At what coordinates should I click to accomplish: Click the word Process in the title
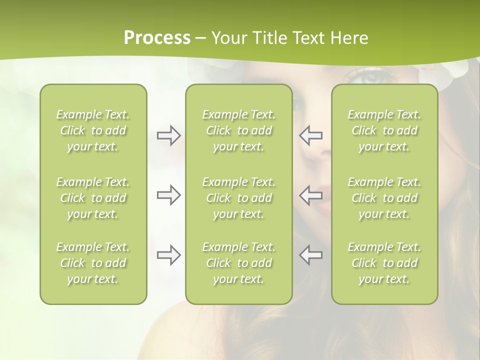pyautogui.click(x=157, y=38)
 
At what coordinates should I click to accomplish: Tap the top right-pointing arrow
pyautogui.click(x=168, y=135)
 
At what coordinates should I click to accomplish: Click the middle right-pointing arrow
pyautogui.click(x=168, y=195)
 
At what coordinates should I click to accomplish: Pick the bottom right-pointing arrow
pyautogui.click(x=168, y=255)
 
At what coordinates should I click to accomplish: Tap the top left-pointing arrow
pyautogui.click(x=311, y=135)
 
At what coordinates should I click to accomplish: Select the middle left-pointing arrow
pyautogui.click(x=311, y=195)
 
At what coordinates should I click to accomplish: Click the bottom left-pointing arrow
pyautogui.click(x=311, y=255)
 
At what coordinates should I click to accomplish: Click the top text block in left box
pyautogui.click(x=93, y=130)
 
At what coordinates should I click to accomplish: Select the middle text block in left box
pyautogui.click(x=93, y=198)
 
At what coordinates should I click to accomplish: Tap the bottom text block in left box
pyautogui.click(x=93, y=263)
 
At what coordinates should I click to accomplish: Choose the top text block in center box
pyautogui.click(x=238, y=130)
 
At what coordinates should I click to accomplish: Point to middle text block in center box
pyautogui.click(x=238, y=198)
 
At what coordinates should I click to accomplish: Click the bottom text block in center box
pyautogui.click(x=238, y=263)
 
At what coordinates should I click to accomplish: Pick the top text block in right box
pyautogui.click(x=384, y=130)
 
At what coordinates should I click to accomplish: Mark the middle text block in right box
pyautogui.click(x=384, y=198)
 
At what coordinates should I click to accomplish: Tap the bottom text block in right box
pyautogui.click(x=384, y=263)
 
